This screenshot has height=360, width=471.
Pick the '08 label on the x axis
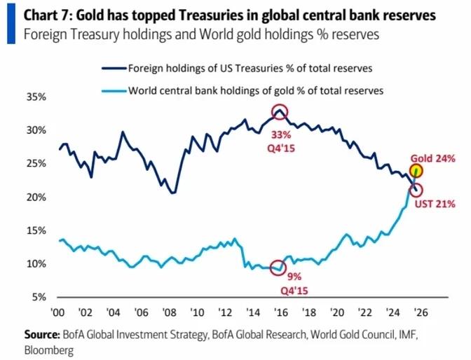[169, 313]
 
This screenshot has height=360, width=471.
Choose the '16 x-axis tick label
[280, 313]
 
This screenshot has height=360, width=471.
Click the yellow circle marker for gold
[417, 170]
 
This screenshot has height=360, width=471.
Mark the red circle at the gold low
[280, 268]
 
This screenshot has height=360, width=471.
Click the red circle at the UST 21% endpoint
[417, 190]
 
